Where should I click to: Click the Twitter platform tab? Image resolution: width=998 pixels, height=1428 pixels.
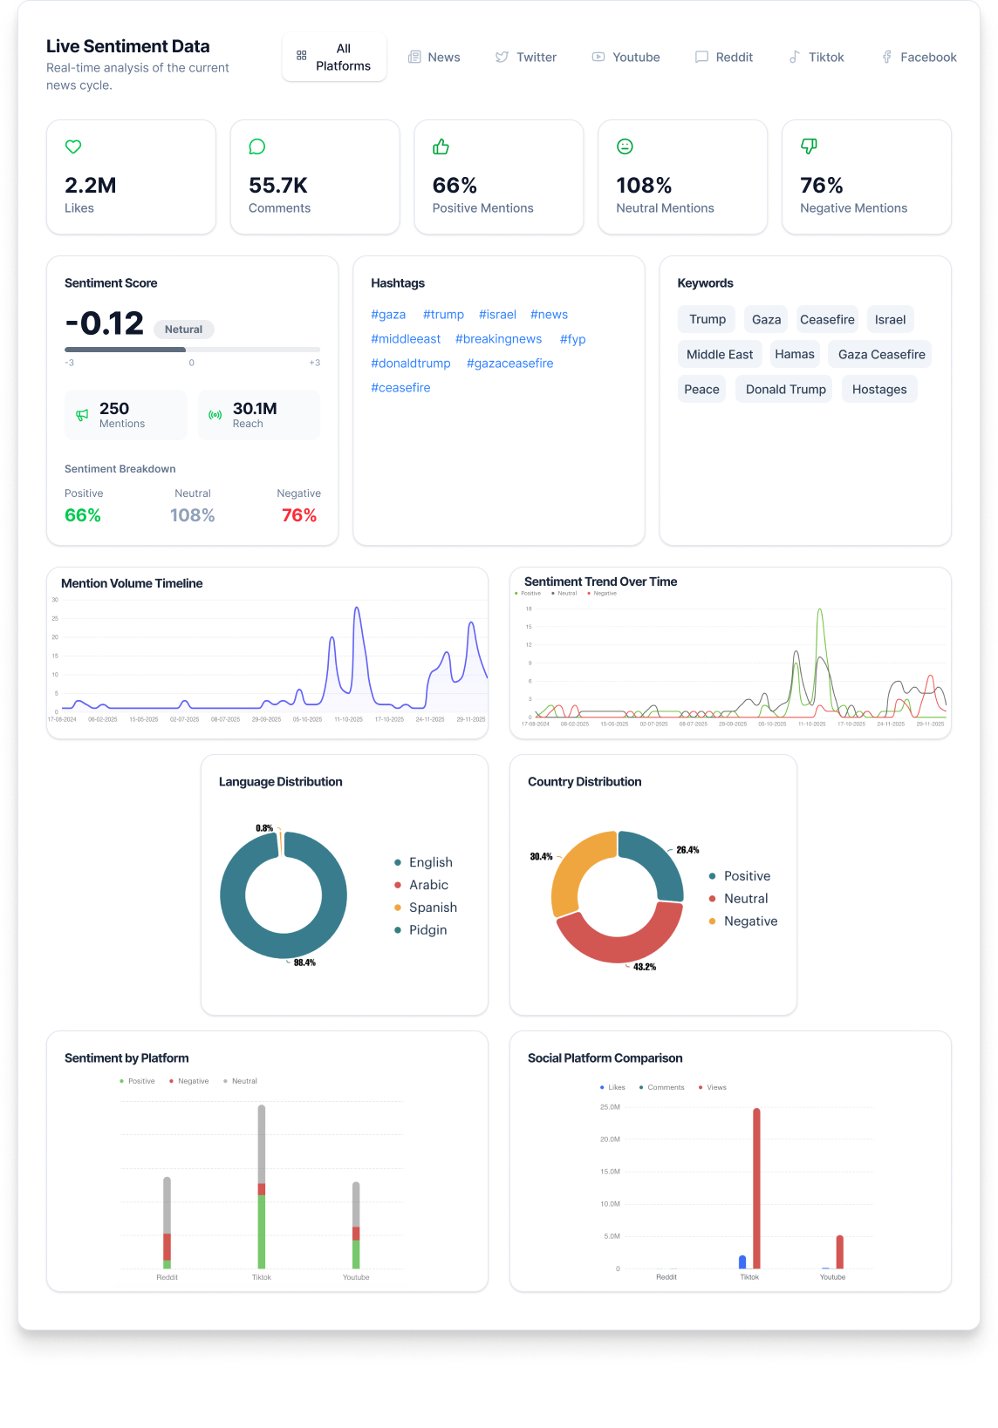[x=526, y=58]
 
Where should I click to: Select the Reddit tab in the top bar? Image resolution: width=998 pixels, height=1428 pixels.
[x=724, y=58]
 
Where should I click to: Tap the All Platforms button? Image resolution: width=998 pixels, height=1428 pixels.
[x=334, y=58]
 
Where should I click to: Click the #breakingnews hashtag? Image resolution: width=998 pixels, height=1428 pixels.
[x=498, y=339]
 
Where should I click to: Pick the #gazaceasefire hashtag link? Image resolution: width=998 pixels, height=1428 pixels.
[x=509, y=364]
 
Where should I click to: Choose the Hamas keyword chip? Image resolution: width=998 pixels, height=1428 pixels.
[x=794, y=354]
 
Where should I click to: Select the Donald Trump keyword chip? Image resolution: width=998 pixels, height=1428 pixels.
[x=785, y=389]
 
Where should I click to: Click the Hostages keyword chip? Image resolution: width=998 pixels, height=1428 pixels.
[x=878, y=389]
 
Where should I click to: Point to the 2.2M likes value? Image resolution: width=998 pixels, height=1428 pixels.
[x=91, y=186]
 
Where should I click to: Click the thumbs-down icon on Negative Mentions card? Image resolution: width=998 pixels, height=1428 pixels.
[x=809, y=146]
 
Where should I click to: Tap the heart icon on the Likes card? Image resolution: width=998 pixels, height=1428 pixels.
[x=73, y=146]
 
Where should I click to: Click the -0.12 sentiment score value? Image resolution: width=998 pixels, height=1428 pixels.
[x=105, y=323]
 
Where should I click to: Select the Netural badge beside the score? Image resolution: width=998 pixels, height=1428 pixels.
[x=183, y=330]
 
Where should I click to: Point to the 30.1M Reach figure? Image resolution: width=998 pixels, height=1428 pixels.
[x=255, y=409]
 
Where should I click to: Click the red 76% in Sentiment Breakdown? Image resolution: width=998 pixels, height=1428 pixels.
[x=298, y=515]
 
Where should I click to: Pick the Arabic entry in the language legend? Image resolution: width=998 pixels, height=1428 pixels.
[x=428, y=885]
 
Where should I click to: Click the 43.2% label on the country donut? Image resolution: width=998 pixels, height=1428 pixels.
[x=645, y=967]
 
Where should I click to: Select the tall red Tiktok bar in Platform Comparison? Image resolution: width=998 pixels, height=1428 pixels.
[x=756, y=1186]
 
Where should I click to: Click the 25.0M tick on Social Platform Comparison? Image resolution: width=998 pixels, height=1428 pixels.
[x=610, y=1107]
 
